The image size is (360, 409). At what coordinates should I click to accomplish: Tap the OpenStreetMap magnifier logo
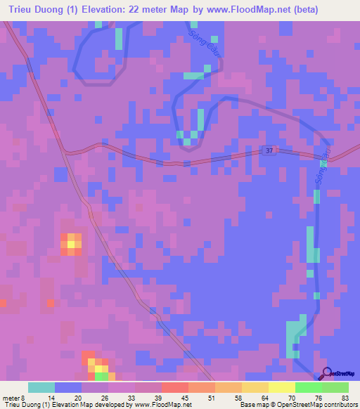326,374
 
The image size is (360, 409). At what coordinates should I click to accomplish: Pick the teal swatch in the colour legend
41,387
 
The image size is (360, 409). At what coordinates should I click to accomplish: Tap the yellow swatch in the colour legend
281,387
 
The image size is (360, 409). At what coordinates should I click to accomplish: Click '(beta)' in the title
303,10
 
